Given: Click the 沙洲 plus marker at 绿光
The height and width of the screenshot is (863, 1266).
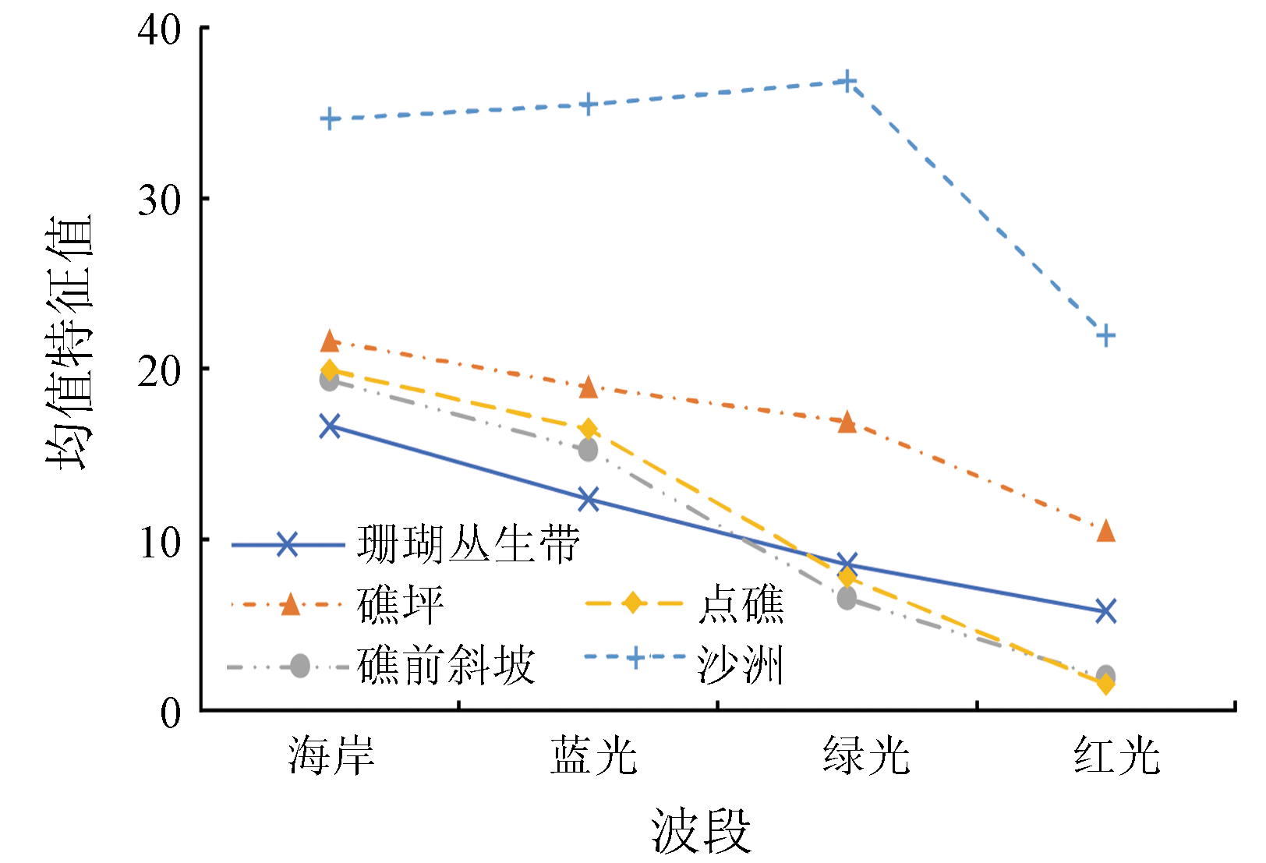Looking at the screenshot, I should [847, 81].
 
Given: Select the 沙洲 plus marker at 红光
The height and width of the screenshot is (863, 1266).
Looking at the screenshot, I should [1105, 336].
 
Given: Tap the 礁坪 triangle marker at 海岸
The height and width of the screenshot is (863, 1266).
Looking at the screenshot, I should [330, 341].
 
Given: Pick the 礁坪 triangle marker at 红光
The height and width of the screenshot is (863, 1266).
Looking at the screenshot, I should [1105, 532].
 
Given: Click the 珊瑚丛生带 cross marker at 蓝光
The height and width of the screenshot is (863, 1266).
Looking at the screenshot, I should [589, 499].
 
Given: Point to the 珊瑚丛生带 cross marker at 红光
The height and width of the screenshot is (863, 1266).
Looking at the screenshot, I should [1105, 610].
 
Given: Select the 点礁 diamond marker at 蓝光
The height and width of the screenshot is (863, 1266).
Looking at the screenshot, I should [589, 429].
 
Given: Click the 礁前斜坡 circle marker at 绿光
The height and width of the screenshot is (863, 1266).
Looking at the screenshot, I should [847, 599].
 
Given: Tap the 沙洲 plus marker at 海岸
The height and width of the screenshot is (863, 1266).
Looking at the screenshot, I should [330, 119].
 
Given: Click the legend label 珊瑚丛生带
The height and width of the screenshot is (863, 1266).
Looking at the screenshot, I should [469, 544].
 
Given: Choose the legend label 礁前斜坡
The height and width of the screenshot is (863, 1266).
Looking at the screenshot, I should [446, 666].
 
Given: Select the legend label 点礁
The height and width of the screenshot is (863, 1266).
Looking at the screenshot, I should [741, 604].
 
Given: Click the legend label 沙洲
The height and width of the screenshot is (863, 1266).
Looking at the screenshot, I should [740, 666].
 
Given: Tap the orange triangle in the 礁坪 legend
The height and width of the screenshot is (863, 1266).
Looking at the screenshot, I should [290, 604].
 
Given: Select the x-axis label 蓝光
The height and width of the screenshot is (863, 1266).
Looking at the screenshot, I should [593, 755].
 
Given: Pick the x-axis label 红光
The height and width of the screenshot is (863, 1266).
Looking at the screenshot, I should [1116, 755].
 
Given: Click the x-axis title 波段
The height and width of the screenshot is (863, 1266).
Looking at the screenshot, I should [701, 830].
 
